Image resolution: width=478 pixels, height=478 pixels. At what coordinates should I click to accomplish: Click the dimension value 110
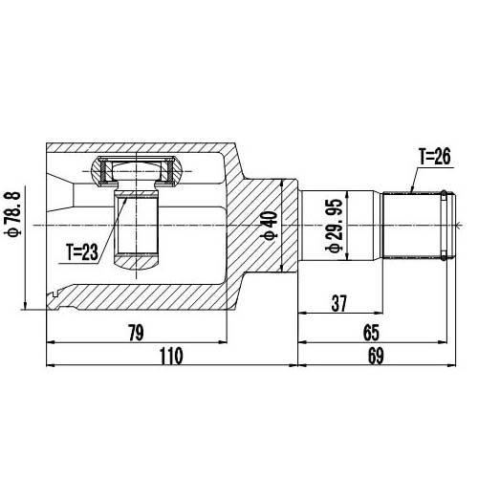[170, 356]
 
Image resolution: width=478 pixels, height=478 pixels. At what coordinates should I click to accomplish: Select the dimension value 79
[137, 332]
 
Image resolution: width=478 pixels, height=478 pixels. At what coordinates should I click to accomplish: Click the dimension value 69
[375, 356]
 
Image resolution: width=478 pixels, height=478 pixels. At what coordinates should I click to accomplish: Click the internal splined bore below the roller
[136, 229]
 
